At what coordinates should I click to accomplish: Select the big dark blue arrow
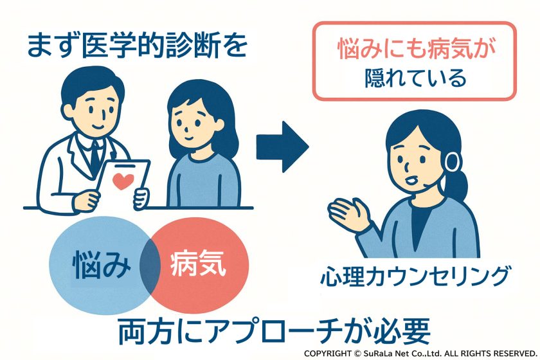[x=282, y=148]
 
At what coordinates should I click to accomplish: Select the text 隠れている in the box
[x=414, y=78]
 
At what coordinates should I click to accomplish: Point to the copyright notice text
[x=420, y=354]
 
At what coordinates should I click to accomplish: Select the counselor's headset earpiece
[x=453, y=161]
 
